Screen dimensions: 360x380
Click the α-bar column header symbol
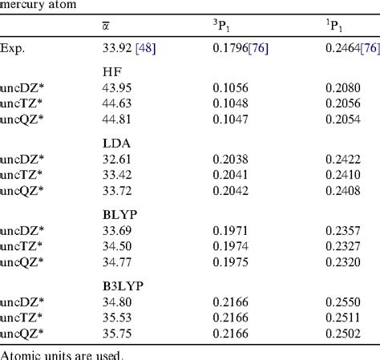click(x=106, y=28)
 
